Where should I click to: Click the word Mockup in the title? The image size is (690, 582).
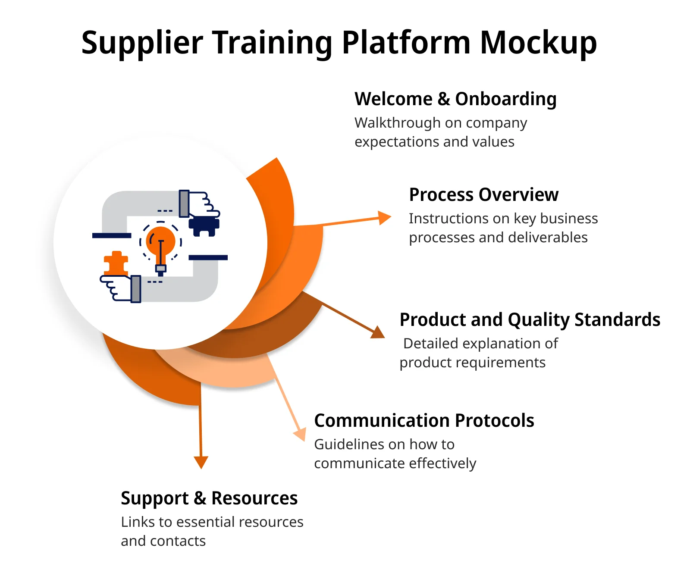[x=538, y=43]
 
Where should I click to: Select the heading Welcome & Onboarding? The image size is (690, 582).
[x=455, y=99]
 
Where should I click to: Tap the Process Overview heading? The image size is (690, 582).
[x=483, y=195]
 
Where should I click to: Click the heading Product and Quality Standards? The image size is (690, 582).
[x=530, y=320]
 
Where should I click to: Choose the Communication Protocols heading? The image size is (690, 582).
[x=424, y=420]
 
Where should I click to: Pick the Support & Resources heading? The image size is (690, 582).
[x=209, y=498]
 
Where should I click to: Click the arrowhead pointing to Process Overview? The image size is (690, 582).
[x=384, y=218]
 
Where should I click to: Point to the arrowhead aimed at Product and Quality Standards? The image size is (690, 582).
[x=378, y=332]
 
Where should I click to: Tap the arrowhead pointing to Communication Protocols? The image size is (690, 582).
[x=300, y=434]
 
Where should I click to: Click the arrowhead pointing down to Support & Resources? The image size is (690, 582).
[x=201, y=463]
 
